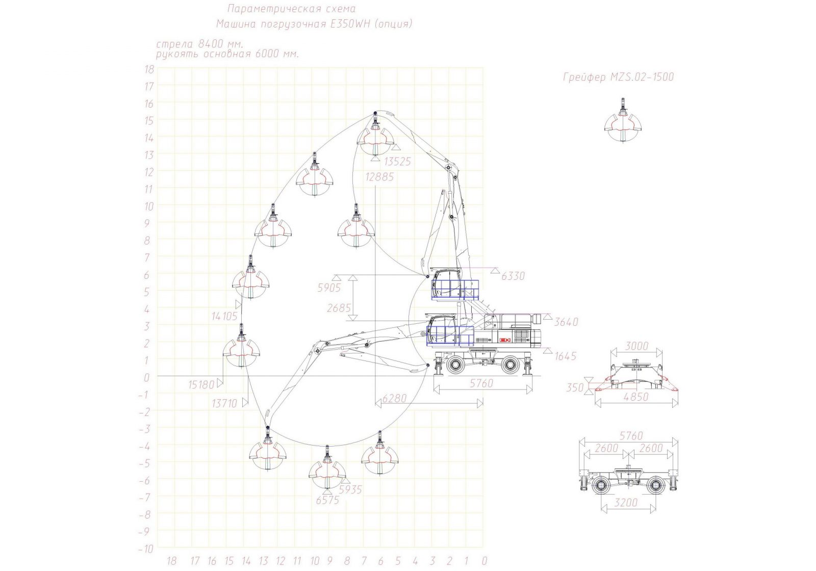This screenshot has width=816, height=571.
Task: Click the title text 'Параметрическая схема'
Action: pyautogui.click(x=291, y=8)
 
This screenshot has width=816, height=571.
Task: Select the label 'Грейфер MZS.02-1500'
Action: pyautogui.click(x=619, y=77)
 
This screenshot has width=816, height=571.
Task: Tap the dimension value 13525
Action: pyautogui.click(x=397, y=162)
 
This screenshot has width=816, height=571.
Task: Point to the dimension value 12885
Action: pyautogui.click(x=380, y=177)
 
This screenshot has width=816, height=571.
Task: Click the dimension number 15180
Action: pyautogui.click(x=201, y=384)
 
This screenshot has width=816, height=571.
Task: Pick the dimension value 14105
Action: pyautogui.click(x=224, y=316)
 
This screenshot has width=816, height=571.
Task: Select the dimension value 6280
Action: pyautogui.click(x=395, y=398)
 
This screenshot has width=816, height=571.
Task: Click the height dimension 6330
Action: pyautogui.click(x=513, y=276)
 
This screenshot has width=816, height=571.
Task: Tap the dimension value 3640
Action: pyautogui.click(x=566, y=322)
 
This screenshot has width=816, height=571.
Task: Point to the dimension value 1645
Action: pyautogui.click(x=566, y=356)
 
